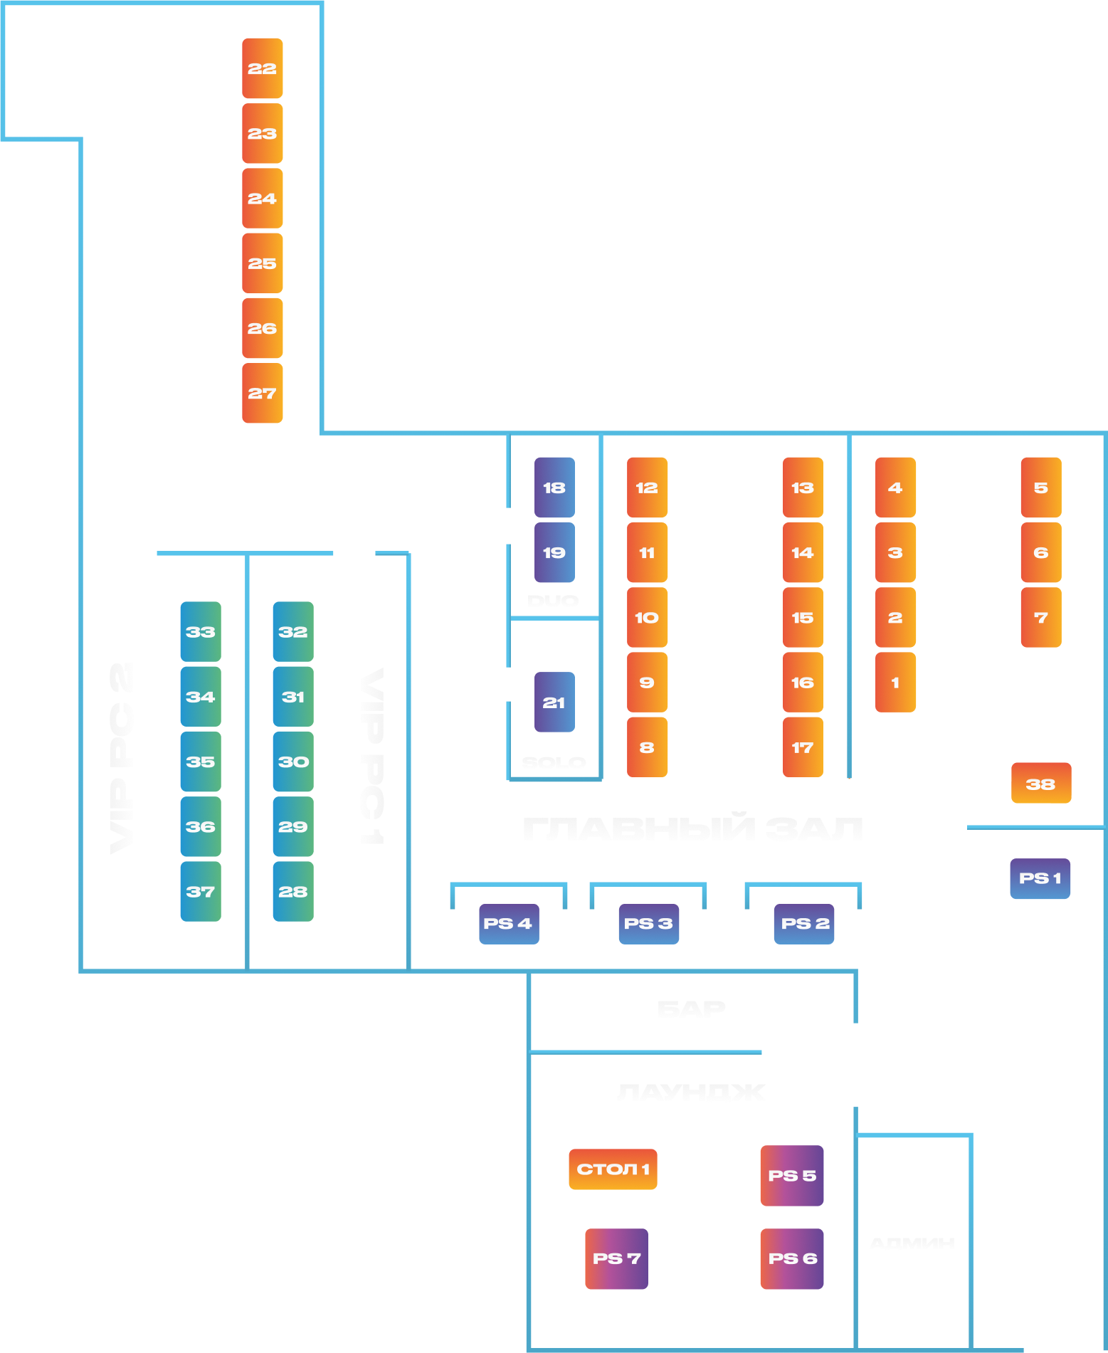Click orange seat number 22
point(262,68)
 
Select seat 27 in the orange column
point(262,393)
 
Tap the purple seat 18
point(554,488)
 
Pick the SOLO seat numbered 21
point(554,702)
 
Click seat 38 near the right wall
point(1040,784)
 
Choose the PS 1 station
point(1040,878)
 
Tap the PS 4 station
point(508,924)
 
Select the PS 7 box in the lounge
point(616,1258)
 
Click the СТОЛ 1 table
point(613,1169)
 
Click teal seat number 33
point(200,631)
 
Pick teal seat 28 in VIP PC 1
point(292,891)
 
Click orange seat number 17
point(803,747)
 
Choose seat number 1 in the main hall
point(895,683)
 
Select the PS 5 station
point(791,1175)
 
